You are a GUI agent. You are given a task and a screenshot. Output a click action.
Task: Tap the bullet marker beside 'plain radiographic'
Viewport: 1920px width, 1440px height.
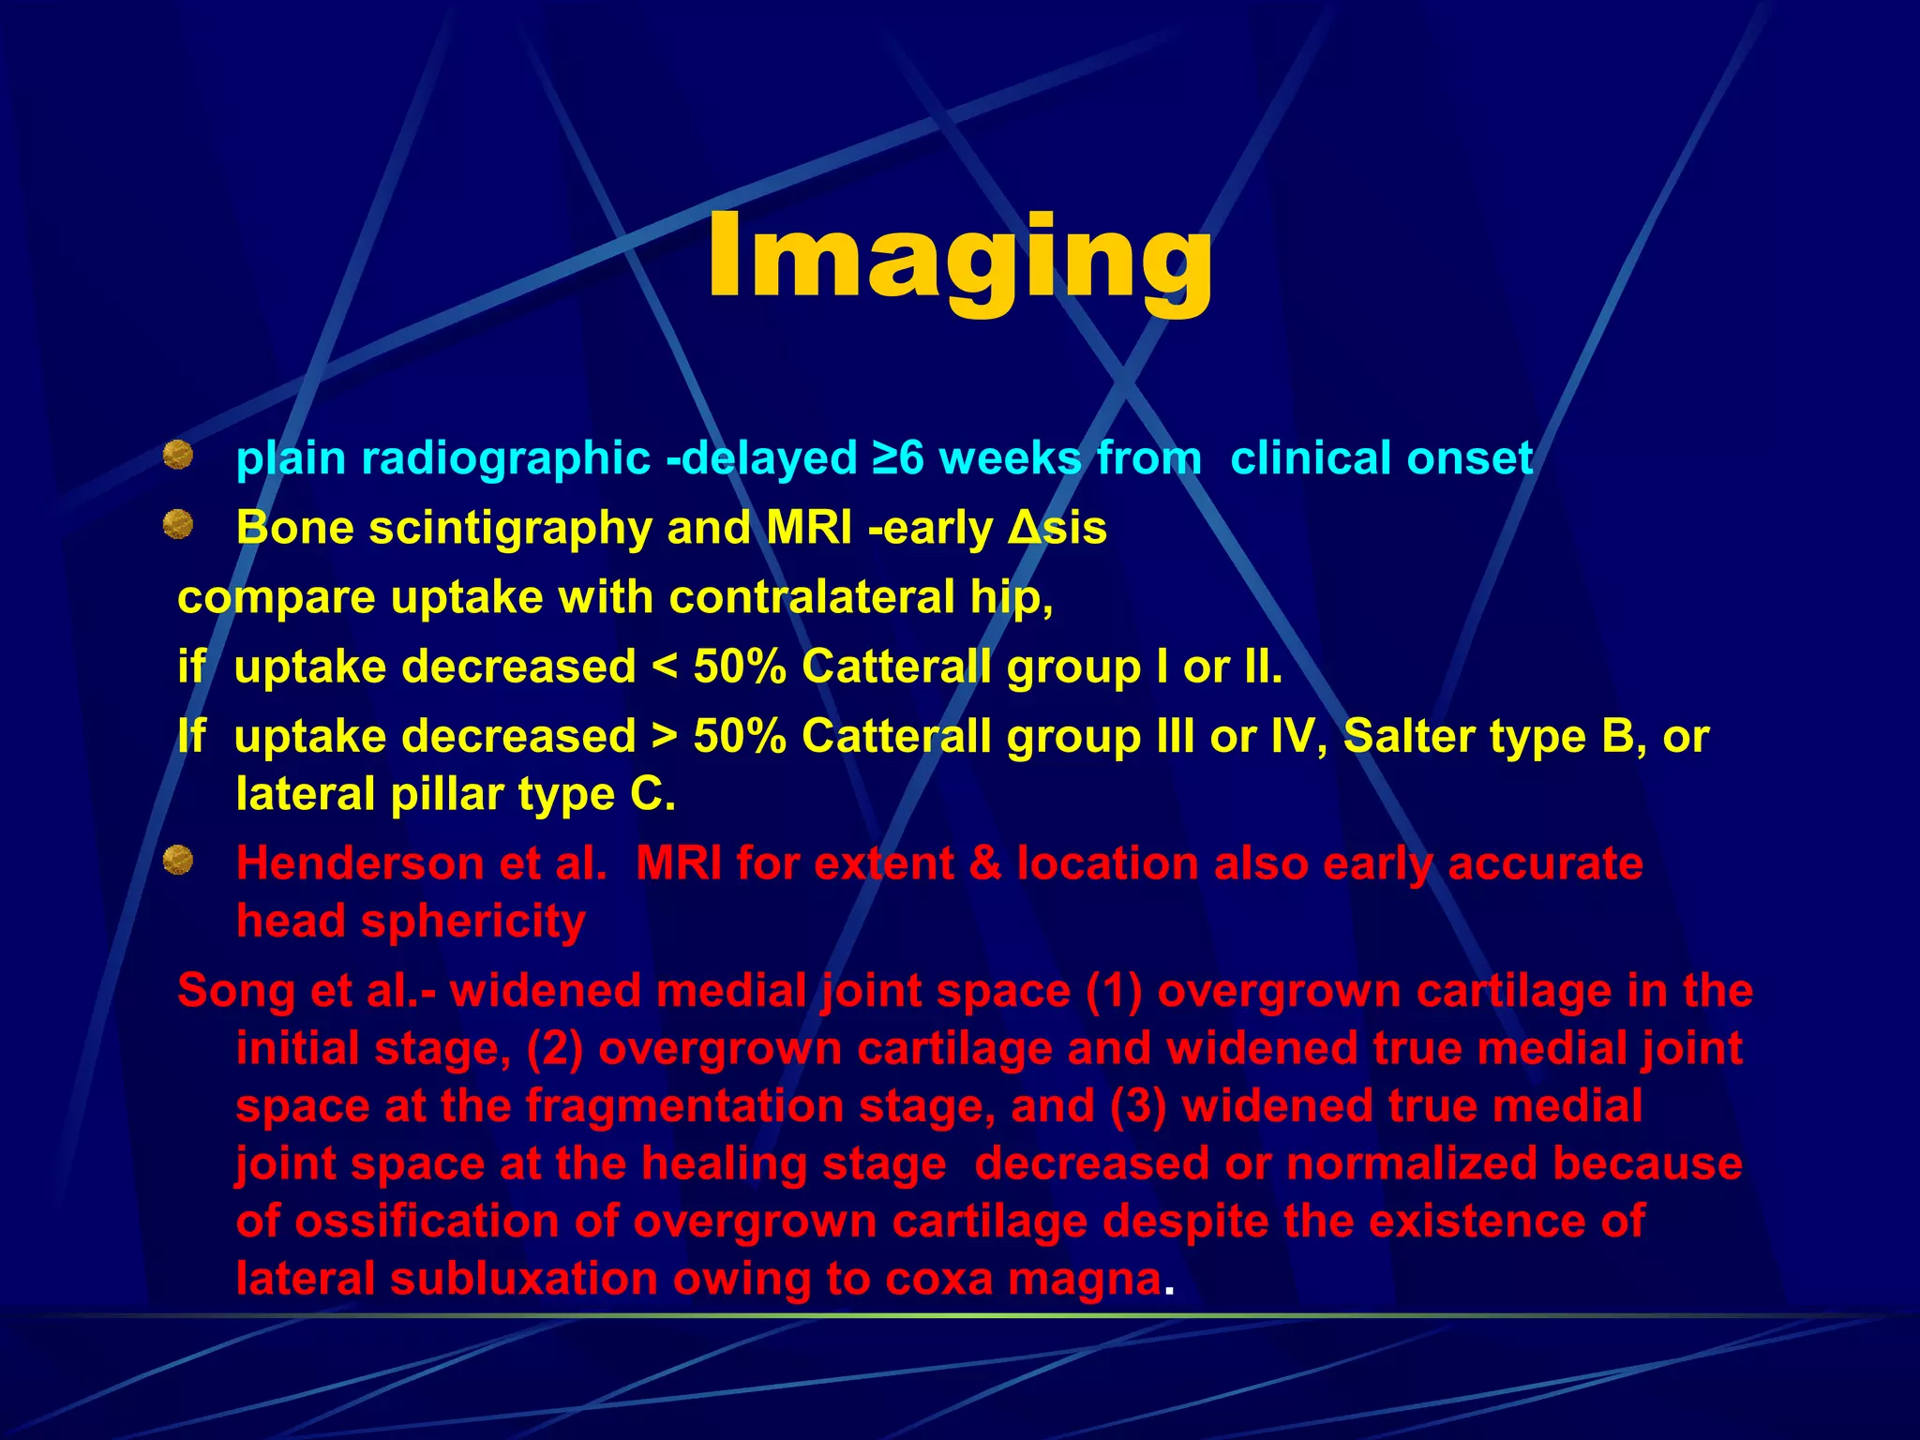177,457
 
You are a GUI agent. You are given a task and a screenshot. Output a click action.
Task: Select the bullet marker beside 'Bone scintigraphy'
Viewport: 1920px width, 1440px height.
177,526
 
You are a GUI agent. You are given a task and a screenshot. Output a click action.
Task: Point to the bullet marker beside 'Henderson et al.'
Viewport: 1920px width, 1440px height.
177,861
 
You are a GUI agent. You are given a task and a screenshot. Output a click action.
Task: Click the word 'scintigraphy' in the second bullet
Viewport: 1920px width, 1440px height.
510,528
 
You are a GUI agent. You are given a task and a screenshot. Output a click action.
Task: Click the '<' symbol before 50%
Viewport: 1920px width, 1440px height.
664,667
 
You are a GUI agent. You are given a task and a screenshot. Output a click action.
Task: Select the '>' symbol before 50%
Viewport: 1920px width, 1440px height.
664,737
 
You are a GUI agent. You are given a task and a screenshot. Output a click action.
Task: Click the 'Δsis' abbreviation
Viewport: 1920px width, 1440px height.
1057,528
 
